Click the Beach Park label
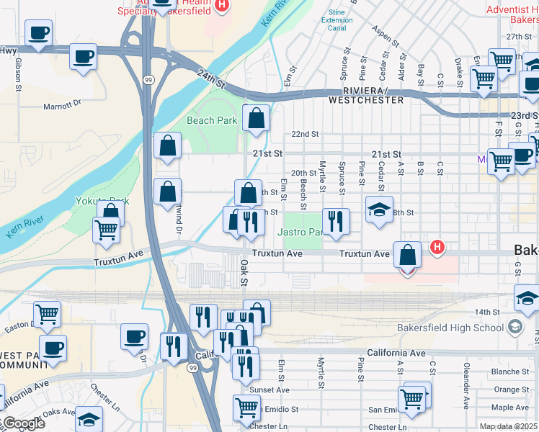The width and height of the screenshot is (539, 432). [211, 120]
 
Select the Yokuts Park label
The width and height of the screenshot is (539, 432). [102, 201]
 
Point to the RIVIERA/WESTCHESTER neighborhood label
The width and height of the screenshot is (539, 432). [366, 95]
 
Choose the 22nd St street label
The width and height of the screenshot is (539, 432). [305, 134]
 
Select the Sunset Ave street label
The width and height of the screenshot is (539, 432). [269, 390]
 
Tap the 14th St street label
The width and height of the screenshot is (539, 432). [487, 312]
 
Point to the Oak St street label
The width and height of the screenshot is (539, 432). [244, 271]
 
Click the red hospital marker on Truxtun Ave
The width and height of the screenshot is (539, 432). [436, 248]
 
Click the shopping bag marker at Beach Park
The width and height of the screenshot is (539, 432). [256, 119]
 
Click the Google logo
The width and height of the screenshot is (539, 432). [23, 423]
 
